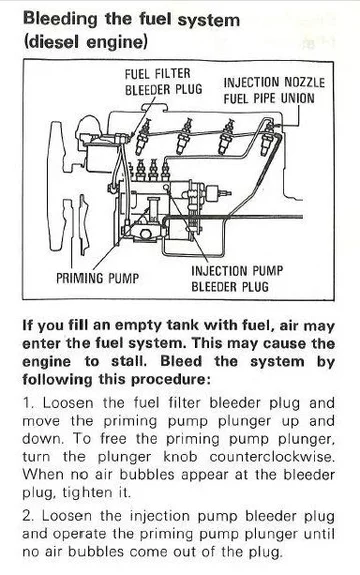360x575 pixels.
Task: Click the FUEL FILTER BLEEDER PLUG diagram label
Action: (163, 81)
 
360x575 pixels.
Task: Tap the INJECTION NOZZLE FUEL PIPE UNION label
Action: (274, 91)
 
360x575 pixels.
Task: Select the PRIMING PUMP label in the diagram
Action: (98, 278)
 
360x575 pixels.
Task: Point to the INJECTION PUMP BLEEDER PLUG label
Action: (237, 279)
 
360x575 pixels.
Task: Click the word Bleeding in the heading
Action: (61, 19)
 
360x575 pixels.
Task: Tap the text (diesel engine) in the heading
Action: (85, 42)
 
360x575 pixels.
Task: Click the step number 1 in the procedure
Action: (28, 403)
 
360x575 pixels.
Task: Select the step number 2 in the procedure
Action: (29, 516)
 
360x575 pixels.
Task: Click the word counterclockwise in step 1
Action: (272, 457)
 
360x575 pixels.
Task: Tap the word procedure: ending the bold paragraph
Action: (171, 380)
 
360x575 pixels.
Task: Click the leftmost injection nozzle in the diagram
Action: (142, 137)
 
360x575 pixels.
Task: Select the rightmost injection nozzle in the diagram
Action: (268, 139)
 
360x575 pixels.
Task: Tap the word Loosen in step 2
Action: (66, 516)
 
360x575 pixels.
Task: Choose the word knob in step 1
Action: (180, 457)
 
